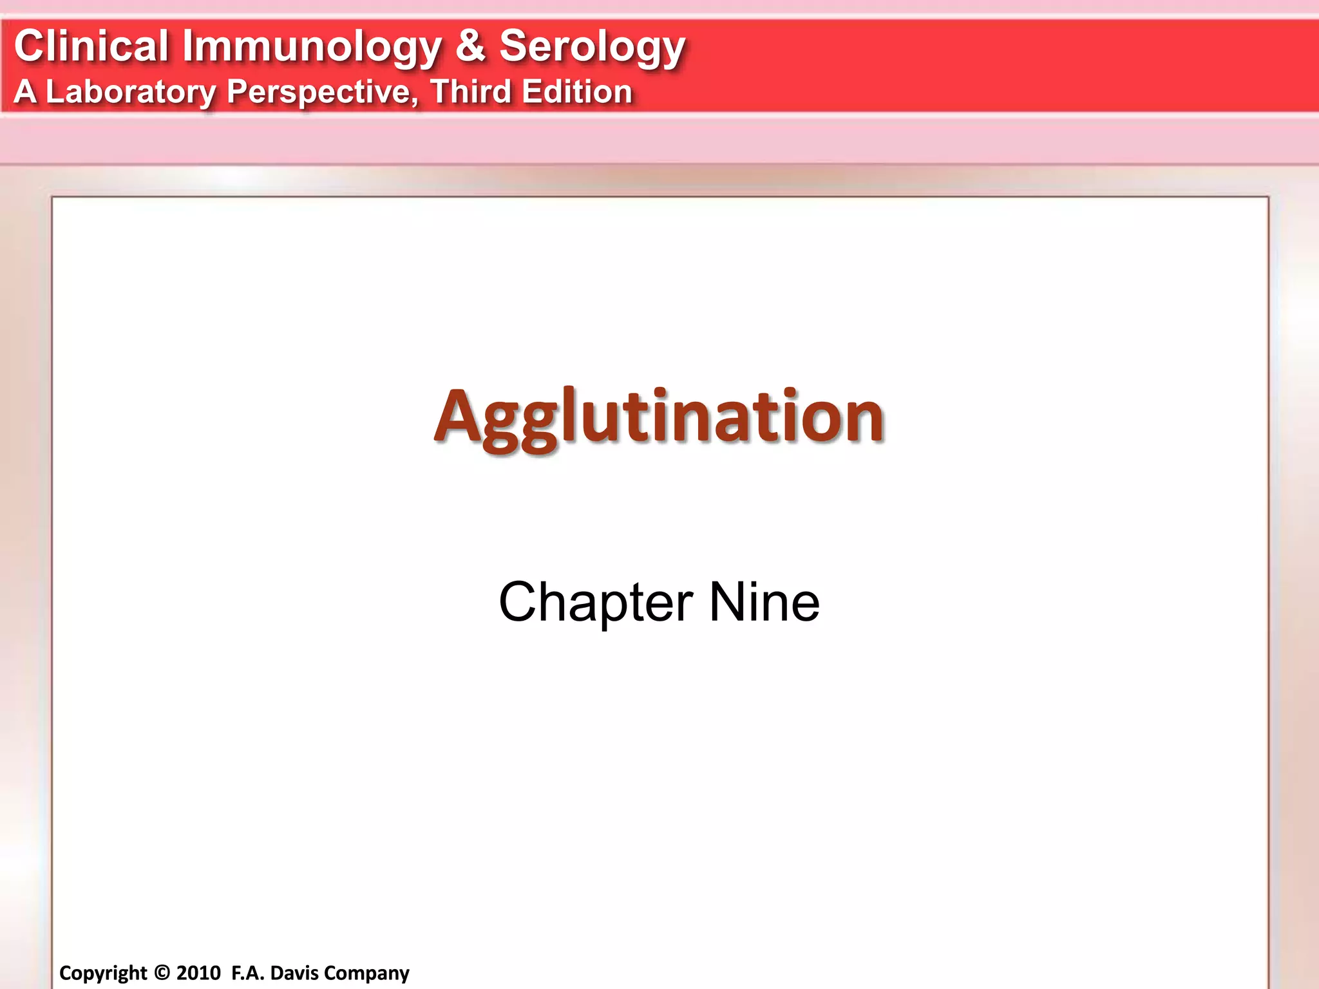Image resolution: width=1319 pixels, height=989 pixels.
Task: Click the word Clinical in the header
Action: tap(91, 46)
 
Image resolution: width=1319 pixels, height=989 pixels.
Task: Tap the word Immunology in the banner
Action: tap(312, 48)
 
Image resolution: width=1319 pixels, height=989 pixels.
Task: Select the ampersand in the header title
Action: tap(471, 46)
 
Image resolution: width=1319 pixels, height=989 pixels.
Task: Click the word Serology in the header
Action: tap(592, 48)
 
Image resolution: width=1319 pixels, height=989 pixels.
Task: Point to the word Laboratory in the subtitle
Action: tap(131, 92)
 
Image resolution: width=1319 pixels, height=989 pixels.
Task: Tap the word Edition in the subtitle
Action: tap(577, 91)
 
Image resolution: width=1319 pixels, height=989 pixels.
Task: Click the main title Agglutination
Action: tap(659, 417)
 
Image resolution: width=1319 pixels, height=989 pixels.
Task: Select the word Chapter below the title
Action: tap(596, 603)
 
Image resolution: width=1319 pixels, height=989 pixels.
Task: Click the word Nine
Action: tap(764, 602)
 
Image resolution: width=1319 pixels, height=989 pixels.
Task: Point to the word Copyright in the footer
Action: tap(103, 973)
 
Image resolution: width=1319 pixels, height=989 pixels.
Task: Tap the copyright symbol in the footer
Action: tap(162, 972)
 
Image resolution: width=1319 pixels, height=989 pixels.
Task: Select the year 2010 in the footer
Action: tap(198, 972)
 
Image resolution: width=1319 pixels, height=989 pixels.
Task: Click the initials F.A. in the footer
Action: tap(247, 972)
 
